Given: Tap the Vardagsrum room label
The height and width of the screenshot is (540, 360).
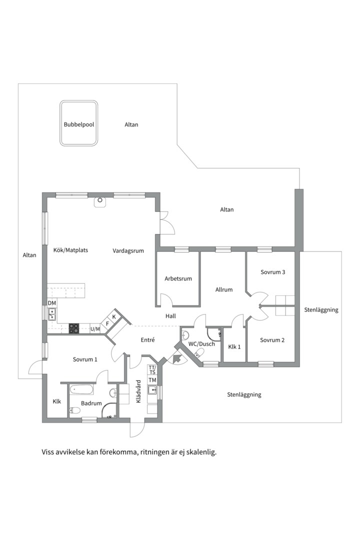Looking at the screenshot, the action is click(128, 250).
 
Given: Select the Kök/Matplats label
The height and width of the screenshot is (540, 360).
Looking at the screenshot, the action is click(70, 250).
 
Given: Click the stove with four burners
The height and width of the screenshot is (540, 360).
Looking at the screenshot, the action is click(74, 328).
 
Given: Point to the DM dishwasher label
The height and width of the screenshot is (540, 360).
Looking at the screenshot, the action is click(51, 303).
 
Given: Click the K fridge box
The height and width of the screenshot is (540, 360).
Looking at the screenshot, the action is click(114, 316).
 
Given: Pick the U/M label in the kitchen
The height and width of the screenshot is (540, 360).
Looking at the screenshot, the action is click(95, 329).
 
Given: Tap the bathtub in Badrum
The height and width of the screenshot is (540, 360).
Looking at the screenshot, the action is click(81, 390).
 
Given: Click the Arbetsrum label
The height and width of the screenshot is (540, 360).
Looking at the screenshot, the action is click(178, 278).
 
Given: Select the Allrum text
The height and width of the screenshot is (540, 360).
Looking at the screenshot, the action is click(224, 289).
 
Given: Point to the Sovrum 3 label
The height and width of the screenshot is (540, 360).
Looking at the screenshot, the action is click(273, 272).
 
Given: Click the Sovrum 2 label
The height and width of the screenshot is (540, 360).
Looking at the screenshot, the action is click(272, 340).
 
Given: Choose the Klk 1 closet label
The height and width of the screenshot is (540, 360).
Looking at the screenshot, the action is click(234, 347).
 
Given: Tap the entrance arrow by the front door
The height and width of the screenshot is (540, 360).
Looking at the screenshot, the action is click(178, 358).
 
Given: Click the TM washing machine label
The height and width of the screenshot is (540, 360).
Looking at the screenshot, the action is click(152, 380).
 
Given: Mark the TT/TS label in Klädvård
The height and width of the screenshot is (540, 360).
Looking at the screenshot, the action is click(152, 370).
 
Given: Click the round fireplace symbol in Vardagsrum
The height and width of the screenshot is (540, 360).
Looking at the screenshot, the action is click(100, 199).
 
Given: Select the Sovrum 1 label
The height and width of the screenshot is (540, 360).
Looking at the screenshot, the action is click(85, 359).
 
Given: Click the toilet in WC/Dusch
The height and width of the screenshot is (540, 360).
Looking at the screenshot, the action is click(199, 352).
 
